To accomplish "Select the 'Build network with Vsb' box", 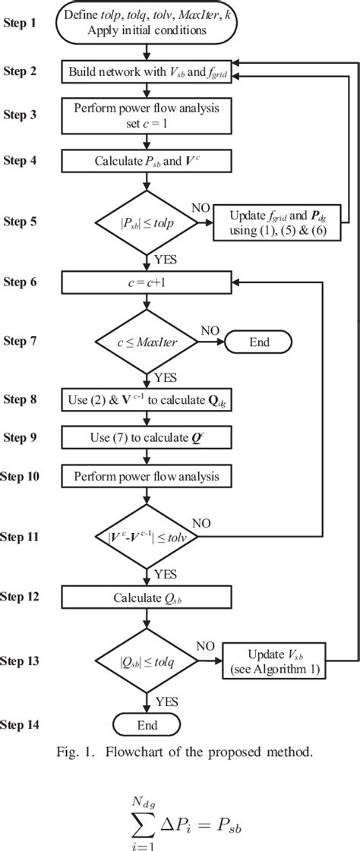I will pos(147,72).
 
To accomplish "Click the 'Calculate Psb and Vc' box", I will pos(147,160).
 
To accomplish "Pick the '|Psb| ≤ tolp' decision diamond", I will pos(147,222).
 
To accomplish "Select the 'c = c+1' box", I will pos(147,282).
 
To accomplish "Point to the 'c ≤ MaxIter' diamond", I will pos(147,342).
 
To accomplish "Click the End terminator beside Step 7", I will pos(258,342).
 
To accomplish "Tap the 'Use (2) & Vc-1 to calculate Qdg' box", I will pos(147,399).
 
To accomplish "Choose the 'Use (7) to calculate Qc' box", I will pos(147,437).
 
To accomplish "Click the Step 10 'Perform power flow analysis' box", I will pos(147,476).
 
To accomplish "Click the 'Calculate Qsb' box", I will pos(147,597).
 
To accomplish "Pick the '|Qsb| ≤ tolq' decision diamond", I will pos(147,658).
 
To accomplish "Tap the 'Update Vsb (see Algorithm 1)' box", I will pos(274,659).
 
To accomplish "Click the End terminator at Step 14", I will pos(147,725).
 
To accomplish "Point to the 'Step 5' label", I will pos(26,222).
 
